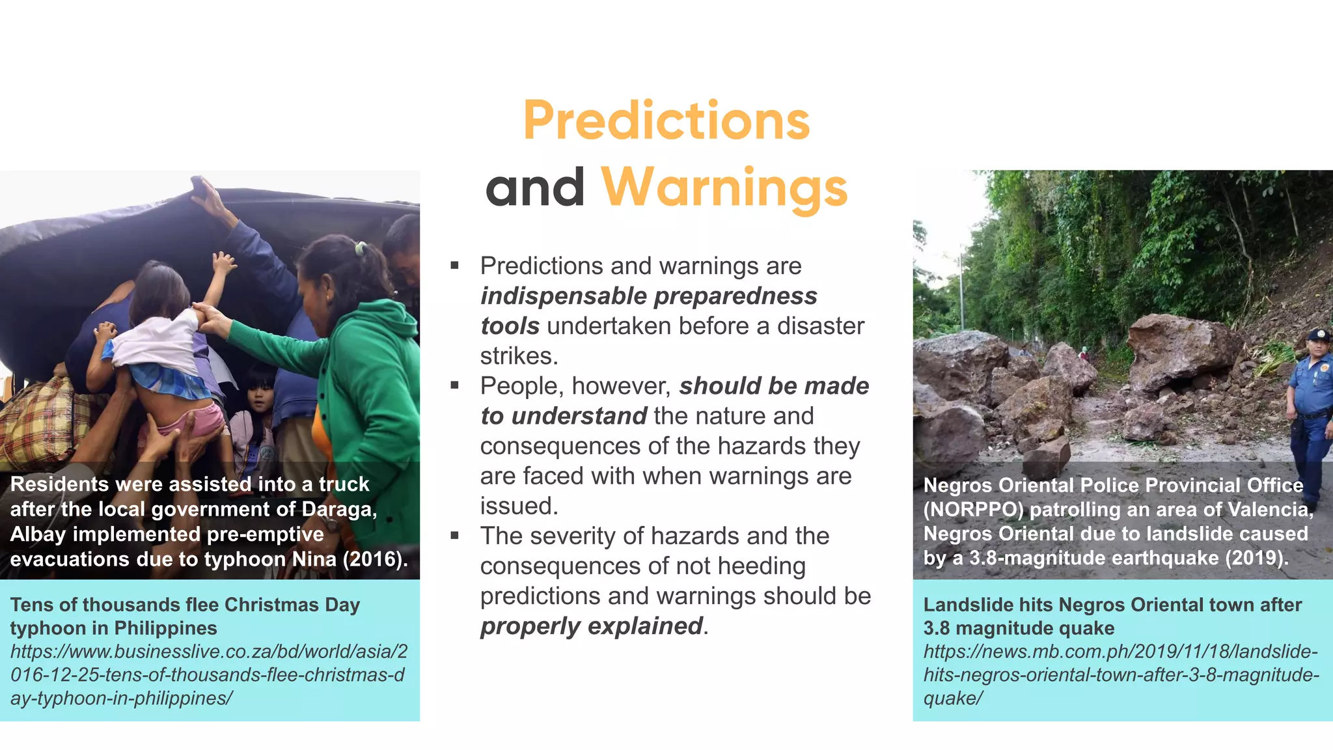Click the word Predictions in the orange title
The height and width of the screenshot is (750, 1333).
point(666,121)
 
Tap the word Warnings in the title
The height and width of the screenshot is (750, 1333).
point(724,187)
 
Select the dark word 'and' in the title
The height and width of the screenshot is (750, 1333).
point(534,187)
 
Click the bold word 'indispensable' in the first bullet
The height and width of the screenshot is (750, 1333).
point(564,296)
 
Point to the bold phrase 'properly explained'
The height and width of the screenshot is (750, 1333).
point(592,626)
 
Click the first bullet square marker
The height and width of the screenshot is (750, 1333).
point(454,266)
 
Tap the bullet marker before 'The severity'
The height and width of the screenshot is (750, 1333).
point(454,536)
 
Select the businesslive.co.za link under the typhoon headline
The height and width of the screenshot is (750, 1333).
point(208,674)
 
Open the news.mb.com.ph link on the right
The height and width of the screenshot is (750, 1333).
point(1121,674)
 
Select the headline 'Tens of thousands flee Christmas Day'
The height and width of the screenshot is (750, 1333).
point(185,605)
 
